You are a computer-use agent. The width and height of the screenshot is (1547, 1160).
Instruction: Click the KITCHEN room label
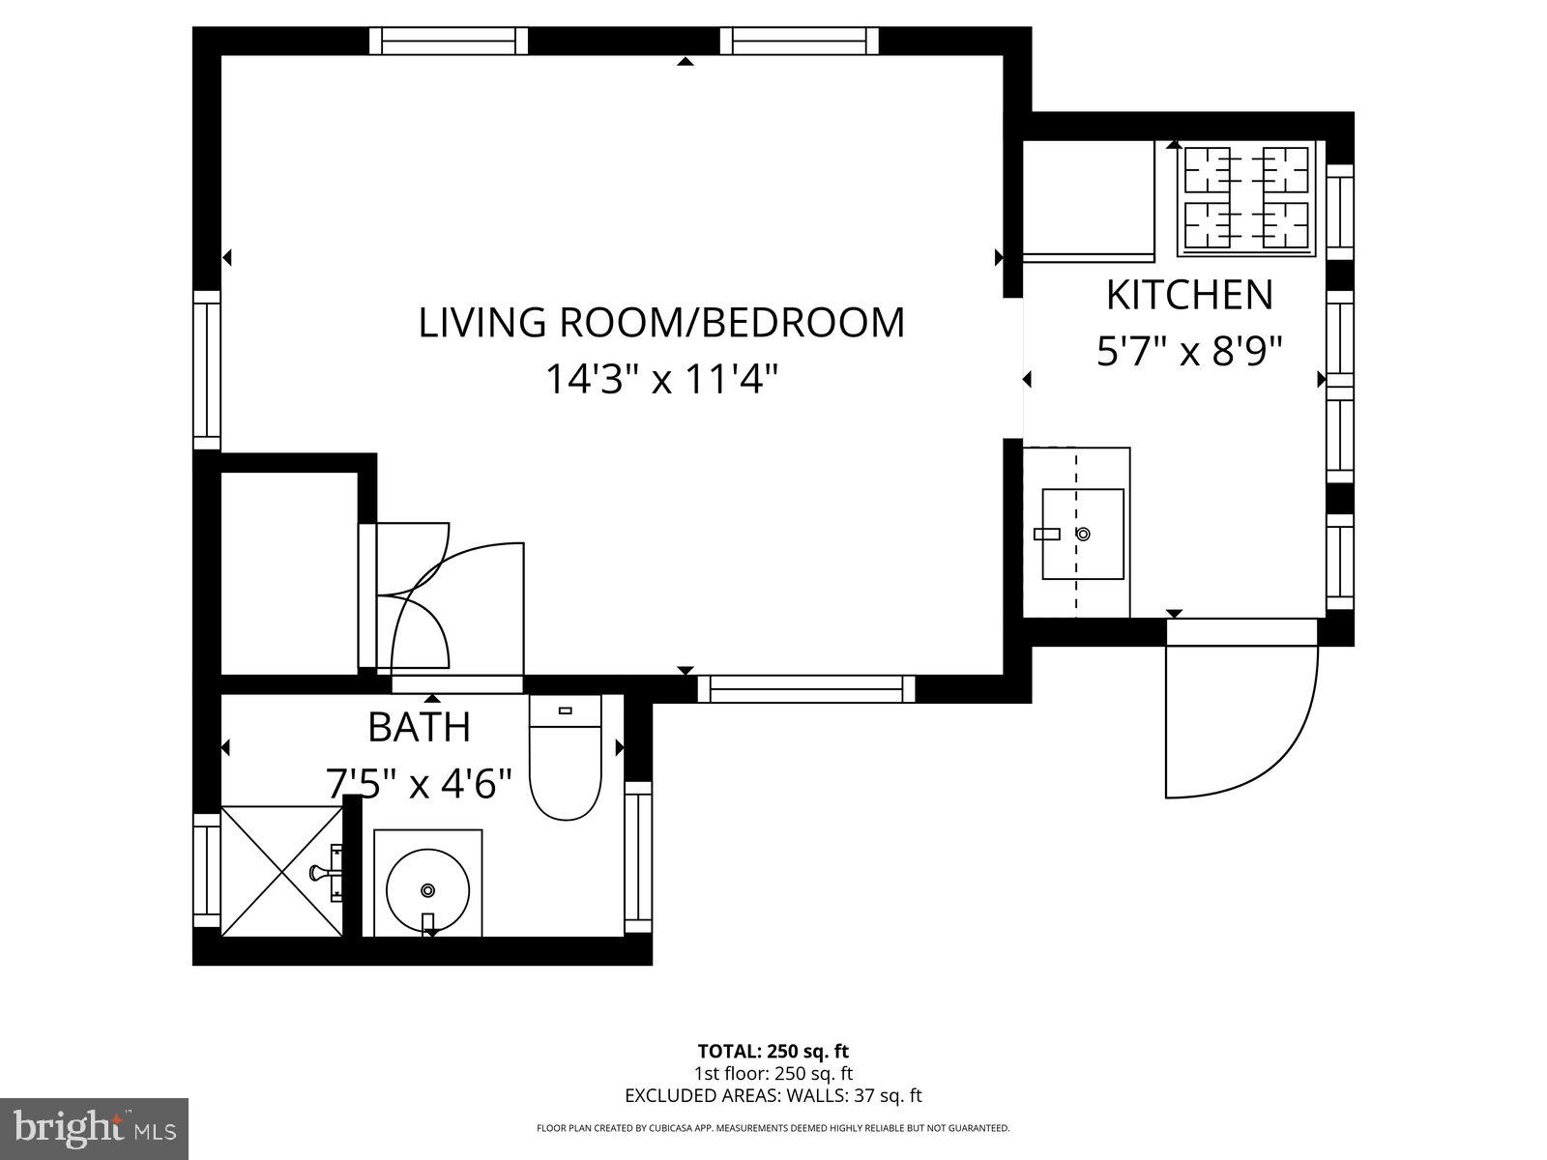point(1188,295)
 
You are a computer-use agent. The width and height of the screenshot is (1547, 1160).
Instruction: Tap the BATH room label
point(420,727)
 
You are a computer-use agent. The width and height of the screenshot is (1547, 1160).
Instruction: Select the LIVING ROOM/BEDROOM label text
point(661,323)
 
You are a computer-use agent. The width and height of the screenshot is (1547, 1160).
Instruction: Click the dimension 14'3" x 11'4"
point(661,379)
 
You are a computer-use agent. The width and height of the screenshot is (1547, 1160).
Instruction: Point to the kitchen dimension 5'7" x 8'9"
point(1189,351)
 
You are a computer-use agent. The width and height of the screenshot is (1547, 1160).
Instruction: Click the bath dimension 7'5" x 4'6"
point(420,783)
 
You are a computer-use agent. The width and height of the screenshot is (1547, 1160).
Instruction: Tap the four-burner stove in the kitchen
point(1246,199)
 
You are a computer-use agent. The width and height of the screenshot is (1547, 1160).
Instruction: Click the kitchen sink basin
point(1083,534)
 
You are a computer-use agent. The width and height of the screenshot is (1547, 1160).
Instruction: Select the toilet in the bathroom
point(566,764)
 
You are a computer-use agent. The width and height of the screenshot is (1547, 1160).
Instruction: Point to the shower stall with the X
point(281,871)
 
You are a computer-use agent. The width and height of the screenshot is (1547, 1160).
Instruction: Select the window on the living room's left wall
point(207,369)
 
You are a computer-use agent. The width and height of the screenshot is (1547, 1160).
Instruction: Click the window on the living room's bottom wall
point(805,688)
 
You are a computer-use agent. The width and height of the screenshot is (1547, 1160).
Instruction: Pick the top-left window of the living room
point(449,41)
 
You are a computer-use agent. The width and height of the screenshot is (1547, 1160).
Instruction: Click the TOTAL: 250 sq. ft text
point(773,1051)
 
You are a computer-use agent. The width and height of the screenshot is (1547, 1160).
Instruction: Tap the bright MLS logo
point(95,1127)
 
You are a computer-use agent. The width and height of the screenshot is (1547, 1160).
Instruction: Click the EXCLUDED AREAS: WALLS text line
point(773,1095)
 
